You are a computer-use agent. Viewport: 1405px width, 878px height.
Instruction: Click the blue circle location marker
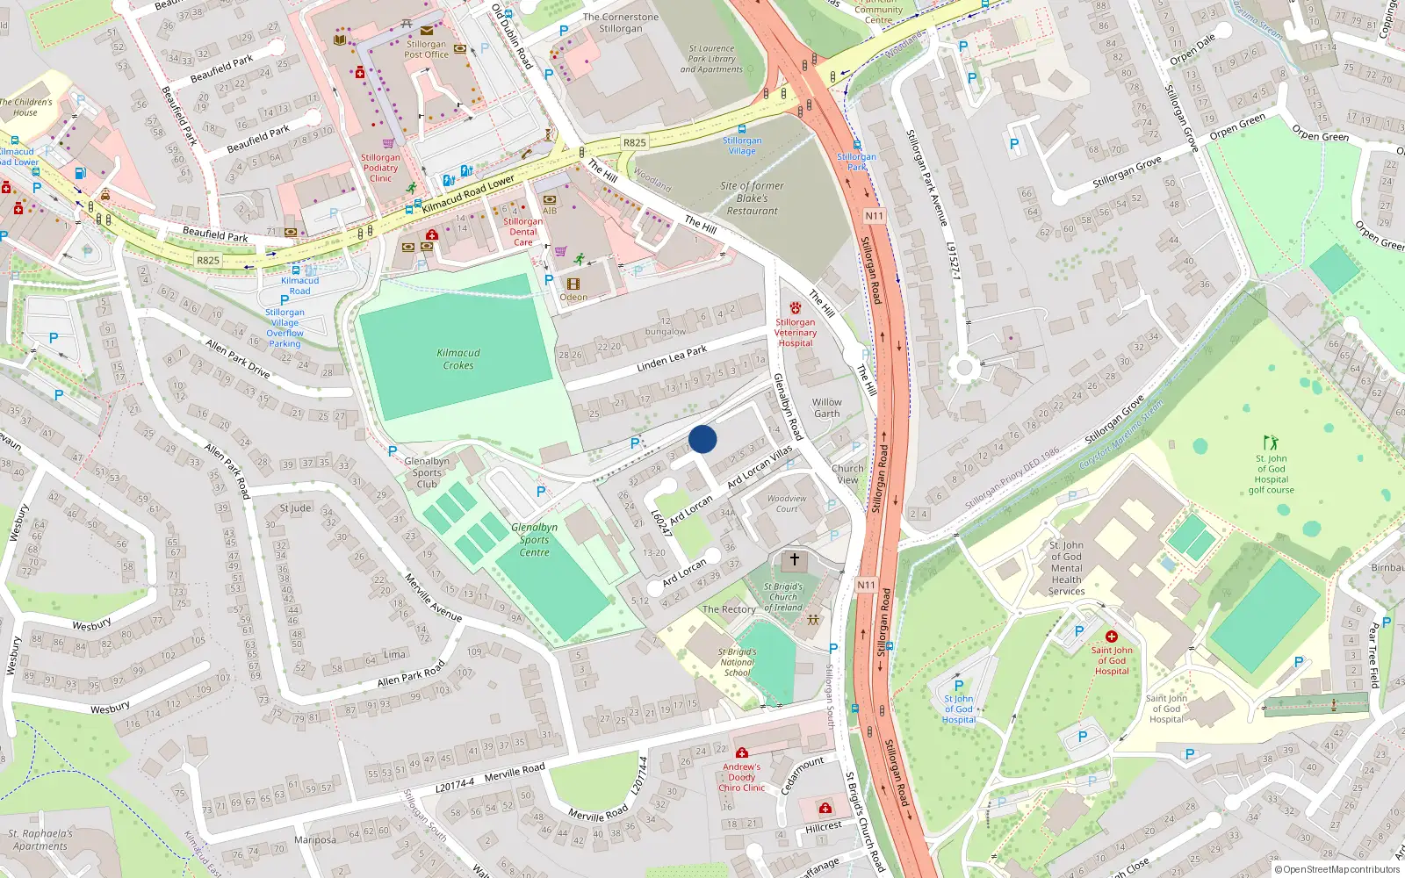[x=702, y=439]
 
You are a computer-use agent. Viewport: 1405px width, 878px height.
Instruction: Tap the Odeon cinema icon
[x=573, y=284]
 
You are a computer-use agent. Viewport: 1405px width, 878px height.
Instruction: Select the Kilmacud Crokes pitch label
[x=458, y=359]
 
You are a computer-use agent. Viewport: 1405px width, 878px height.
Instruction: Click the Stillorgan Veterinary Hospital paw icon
[x=796, y=308]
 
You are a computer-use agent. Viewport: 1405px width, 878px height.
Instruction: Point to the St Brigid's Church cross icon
[x=795, y=559]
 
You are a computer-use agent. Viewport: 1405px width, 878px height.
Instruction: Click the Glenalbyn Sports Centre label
[x=534, y=540]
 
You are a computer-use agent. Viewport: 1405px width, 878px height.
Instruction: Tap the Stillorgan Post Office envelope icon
[x=427, y=30]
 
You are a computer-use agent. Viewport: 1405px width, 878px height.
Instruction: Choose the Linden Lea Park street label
[x=672, y=358]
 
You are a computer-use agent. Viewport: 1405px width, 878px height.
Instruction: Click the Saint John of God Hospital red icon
[x=1112, y=637]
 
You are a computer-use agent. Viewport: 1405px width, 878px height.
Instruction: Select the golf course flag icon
[x=1271, y=442]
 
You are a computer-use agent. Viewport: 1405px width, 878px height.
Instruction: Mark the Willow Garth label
[x=826, y=407]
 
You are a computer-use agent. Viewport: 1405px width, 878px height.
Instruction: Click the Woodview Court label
[x=787, y=503]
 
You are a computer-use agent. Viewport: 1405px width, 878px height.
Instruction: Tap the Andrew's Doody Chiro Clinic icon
[x=742, y=752]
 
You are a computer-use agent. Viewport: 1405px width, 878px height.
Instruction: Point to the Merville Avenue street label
[x=433, y=598]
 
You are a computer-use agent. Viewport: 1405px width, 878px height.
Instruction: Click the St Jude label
[x=295, y=508]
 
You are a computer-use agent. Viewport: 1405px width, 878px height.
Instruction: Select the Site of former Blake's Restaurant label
[x=752, y=198]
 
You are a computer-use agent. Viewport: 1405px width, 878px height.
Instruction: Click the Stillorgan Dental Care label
[x=523, y=232]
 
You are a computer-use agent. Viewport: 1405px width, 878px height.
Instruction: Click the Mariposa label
[x=315, y=840]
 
